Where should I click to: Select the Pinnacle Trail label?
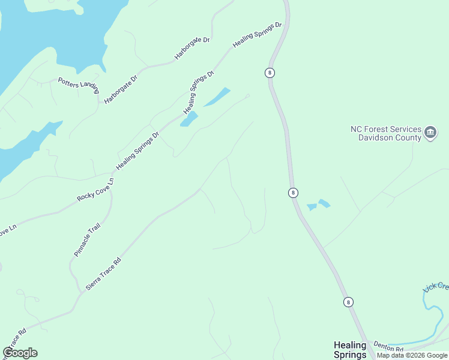(87, 239)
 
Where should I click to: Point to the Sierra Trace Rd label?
(103, 274)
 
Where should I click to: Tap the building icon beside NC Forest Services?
(430, 133)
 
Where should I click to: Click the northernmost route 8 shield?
(270, 73)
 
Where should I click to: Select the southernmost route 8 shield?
(348, 302)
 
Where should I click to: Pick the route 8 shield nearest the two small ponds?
(292, 193)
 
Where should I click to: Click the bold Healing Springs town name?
(350, 349)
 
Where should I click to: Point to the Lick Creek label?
(436, 286)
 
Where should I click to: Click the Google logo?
(20, 353)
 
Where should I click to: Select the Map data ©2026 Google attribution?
(412, 355)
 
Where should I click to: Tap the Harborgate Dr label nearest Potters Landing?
(121, 89)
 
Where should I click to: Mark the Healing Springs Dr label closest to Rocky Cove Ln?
(137, 151)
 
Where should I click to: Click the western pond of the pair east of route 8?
(312, 207)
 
